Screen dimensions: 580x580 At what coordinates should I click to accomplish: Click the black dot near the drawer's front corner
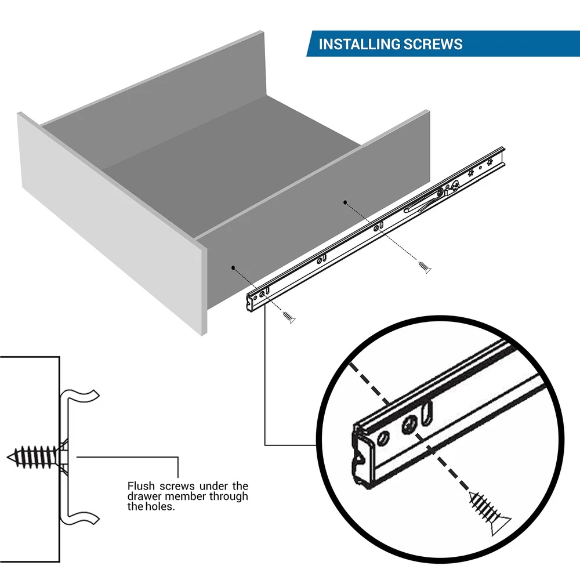tap(233, 268)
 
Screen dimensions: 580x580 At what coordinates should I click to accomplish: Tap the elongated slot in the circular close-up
tap(429, 413)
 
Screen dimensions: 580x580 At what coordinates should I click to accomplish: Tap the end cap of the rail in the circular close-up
tap(360, 458)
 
